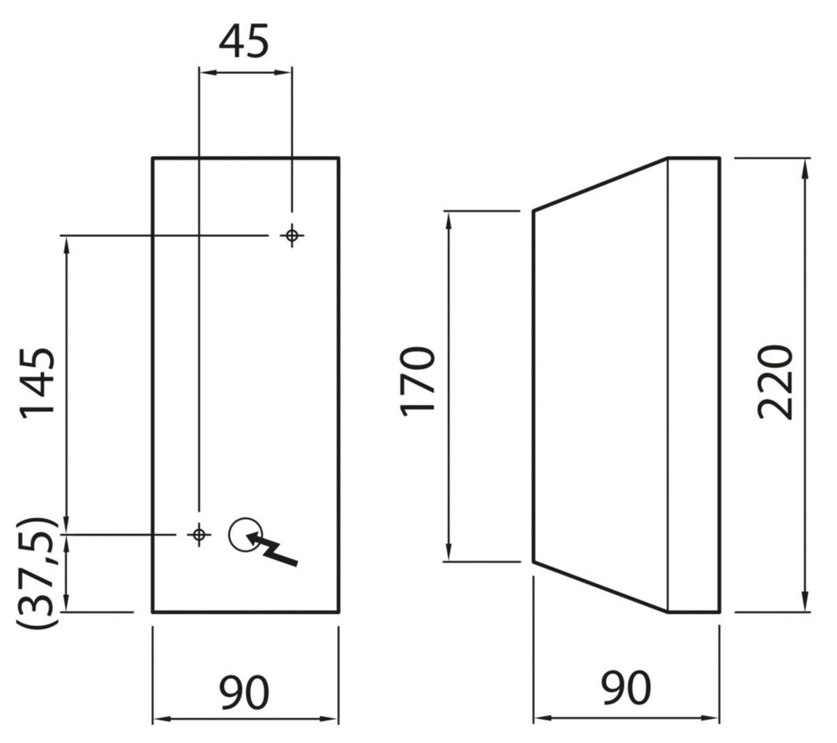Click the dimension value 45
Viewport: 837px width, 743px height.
(243, 42)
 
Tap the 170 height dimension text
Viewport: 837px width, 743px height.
(418, 381)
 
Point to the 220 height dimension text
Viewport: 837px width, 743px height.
(776, 381)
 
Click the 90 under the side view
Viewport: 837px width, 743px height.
(626, 688)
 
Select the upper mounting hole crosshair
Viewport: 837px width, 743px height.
(292, 236)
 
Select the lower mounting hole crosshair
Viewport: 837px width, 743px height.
(199, 535)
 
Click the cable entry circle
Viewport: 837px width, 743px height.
(244, 534)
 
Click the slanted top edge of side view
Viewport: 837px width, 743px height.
(601, 184)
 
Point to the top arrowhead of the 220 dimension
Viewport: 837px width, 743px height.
(806, 163)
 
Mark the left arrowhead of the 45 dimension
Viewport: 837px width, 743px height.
(204, 71)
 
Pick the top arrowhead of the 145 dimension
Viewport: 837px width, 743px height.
(67, 241)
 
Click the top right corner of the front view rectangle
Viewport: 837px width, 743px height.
(339, 158)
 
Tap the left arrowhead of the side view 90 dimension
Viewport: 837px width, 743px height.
(539, 717)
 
